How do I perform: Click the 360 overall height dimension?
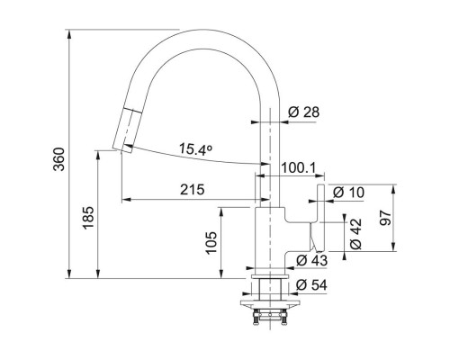pyautogui.click(x=59, y=159)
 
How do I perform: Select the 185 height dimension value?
pyautogui.click(x=88, y=218)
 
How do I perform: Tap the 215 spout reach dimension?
pyautogui.click(x=193, y=189)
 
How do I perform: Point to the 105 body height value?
pyautogui.click(x=211, y=243)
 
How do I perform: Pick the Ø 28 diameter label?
pyautogui.click(x=304, y=112)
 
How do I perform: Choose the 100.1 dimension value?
pyautogui.click(x=299, y=168)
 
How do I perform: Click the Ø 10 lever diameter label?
pyautogui.click(x=348, y=193)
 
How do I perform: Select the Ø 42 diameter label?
pyautogui.click(x=356, y=234)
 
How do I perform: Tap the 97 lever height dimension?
pyautogui.click(x=385, y=218)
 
